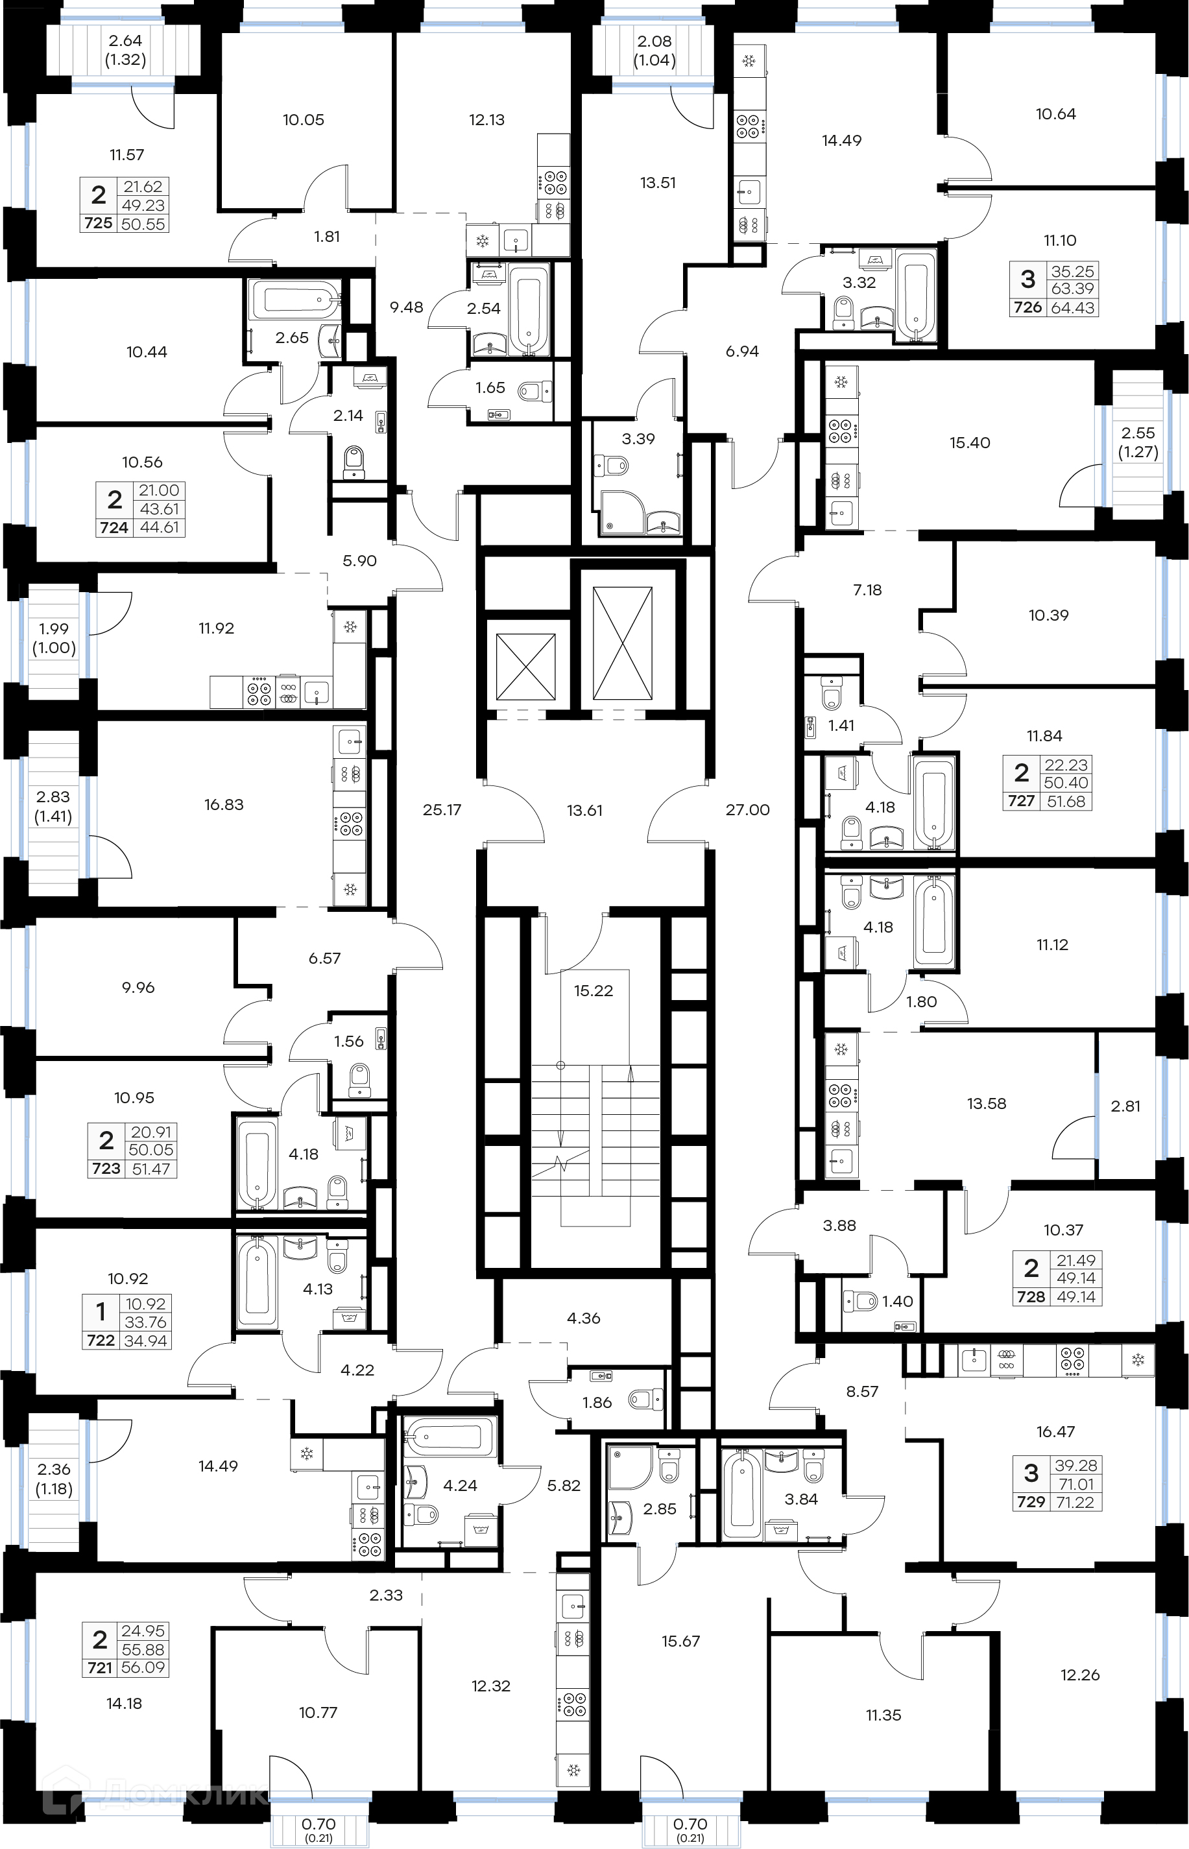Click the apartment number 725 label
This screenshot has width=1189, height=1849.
[x=98, y=223]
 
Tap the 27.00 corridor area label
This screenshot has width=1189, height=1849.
[x=747, y=809]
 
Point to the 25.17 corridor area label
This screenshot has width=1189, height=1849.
[x=442, y=809]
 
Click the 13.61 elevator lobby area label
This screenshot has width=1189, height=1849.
[x=584, y=810]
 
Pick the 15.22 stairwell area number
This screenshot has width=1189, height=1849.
[x=593, y=991]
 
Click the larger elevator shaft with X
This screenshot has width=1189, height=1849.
[x=622, y=643]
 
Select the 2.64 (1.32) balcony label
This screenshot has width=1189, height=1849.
[x=125, y=50]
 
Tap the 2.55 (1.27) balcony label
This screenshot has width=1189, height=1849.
[x=1138, y=442]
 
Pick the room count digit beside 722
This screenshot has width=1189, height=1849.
[x=101, y=1311]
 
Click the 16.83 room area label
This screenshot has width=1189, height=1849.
[x=224, y=804]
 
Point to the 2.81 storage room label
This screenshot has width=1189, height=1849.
[x=1125, y=1106]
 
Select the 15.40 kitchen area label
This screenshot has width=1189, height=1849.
[x=970, y=443]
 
